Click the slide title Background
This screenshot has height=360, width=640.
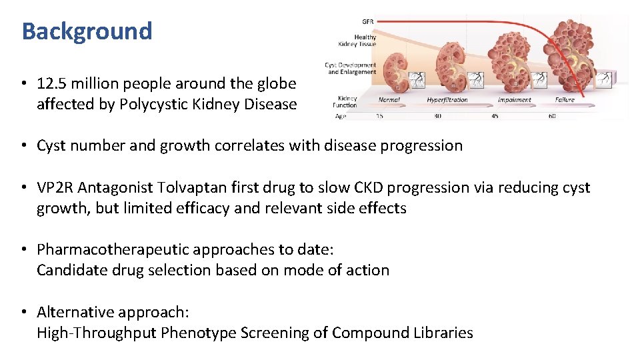coord(87,31)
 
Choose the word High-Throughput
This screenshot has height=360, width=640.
coord(97,333)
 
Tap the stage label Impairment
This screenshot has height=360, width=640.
coord(514,100)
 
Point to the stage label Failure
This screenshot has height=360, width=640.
coord(565,100)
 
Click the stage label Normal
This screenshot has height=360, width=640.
coord(389,100)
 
